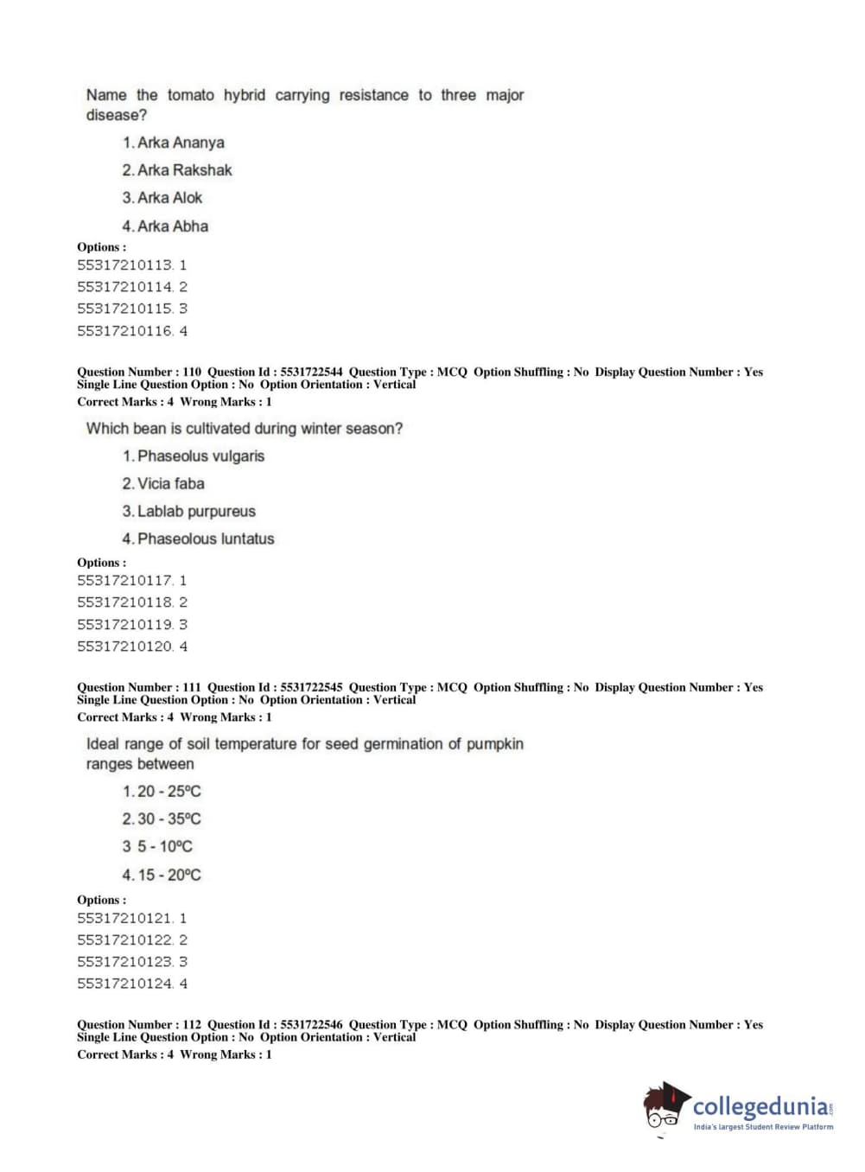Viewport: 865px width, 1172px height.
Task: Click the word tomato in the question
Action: coord(190,95)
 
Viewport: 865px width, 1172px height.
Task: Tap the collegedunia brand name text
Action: coord(760,1107)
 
